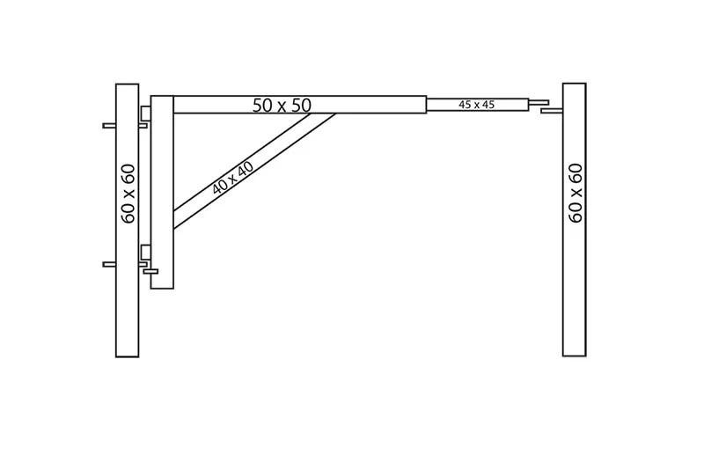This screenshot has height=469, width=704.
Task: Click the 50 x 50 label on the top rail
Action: coord(282,105)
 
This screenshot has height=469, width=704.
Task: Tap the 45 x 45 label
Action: coord(476,105)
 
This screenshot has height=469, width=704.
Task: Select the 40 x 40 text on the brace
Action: coord(233,177)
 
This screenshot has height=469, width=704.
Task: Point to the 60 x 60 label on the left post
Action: coord(128,194)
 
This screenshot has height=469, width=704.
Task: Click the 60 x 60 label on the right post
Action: coord(576,193)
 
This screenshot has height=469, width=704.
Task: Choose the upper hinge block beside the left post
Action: coord(145,114)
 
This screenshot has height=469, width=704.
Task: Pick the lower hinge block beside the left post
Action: coord(145,253)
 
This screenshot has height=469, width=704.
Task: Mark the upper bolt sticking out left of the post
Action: coord(109,126)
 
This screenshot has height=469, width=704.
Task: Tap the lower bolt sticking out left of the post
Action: coord(109,264)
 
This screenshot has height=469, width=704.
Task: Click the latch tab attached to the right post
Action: coord(552,110)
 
